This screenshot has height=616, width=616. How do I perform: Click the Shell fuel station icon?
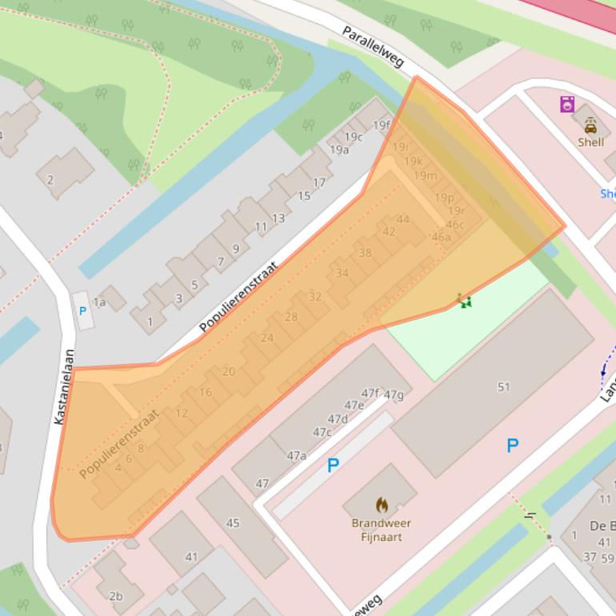[x=590, y=126]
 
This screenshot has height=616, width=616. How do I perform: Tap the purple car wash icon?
[x=567, y=103]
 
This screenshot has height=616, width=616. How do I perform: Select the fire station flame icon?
[x=382, y=505]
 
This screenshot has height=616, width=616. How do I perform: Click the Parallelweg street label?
[x=373, y=46]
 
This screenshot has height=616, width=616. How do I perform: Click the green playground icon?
[x=464, y=301]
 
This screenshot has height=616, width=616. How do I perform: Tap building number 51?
[x=503, y=387]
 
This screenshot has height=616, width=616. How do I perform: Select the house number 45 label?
[x=233, y=523]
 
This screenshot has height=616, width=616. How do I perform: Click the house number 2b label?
[x=116, y=595]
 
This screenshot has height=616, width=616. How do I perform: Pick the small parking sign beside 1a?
[x=82, y=311]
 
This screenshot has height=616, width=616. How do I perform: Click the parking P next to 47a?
[x=333, y=466]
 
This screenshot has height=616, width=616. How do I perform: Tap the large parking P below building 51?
[x=512, y=446]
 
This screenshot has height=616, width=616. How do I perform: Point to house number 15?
[x=303, y=196]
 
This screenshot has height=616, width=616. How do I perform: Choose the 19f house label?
[x=382, y=125]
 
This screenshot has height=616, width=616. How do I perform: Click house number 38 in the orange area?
[x=365, y=253]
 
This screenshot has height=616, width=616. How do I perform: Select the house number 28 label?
[x=290, y=317]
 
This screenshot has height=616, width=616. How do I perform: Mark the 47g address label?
[x=393, y=394]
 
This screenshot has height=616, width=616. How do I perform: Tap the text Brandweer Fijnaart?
[x=382, y=530]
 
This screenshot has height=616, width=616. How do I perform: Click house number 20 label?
[x=229, y=371]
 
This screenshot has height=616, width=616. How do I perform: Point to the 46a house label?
[x=441, y=237]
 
